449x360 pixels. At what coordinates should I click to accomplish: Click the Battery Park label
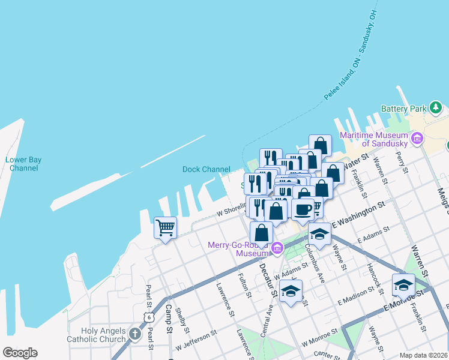point(403,109)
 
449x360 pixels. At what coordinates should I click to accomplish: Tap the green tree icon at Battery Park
point(435,109)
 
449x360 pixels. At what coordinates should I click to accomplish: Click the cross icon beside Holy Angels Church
point(135,334)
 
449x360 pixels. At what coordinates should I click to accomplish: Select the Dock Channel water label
point(206,169)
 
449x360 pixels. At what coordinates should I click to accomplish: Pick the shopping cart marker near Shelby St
point(165,227)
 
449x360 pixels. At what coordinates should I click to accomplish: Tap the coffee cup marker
point(303,209)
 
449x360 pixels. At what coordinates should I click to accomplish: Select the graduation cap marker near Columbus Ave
point(319,234)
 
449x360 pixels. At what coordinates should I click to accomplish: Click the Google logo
point(20,353)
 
